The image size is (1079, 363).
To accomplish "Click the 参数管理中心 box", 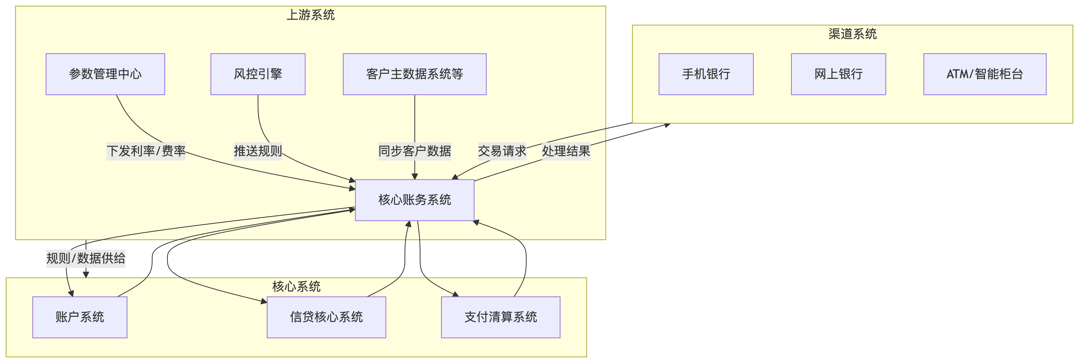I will (105, 74).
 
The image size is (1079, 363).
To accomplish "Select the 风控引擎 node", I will (258, 74).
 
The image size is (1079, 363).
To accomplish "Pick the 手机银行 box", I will (706, 74).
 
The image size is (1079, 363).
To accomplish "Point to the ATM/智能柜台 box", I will (984, 74).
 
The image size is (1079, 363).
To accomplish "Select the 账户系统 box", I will (80, 317).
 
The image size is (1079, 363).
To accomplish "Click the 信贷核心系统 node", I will (326, 317).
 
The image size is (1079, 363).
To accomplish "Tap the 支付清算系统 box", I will (500, 317).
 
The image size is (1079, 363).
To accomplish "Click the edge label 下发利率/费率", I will (146, 151).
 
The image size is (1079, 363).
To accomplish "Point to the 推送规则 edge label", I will (258, 151).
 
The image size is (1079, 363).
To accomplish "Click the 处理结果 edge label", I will (566, 151).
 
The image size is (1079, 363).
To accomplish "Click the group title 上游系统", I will (310, 15).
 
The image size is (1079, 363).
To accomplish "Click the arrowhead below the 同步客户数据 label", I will (415, 176).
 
